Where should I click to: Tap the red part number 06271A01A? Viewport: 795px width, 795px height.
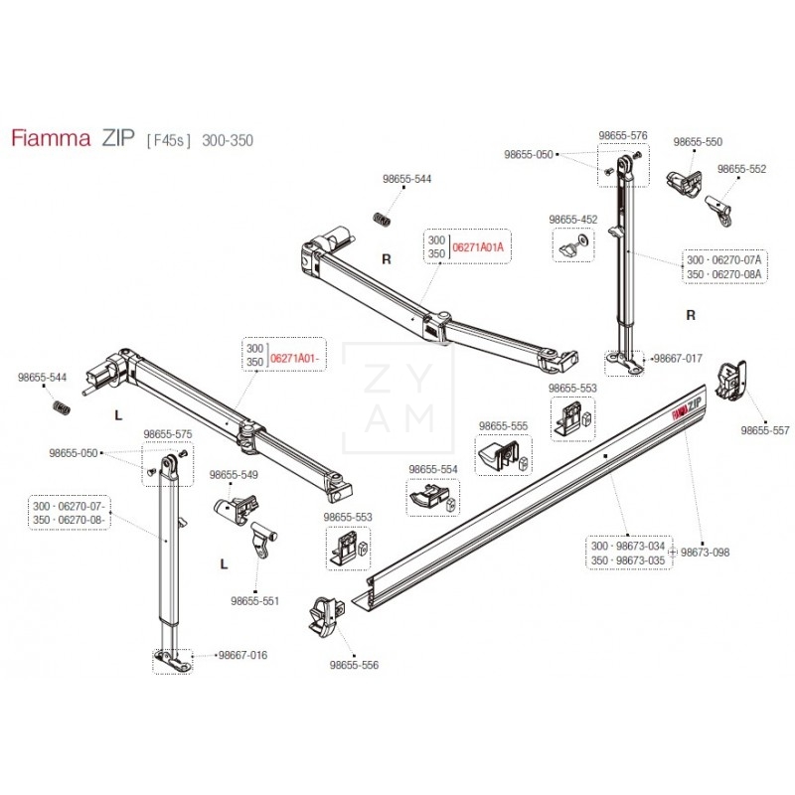479,246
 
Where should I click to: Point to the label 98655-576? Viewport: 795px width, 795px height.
623,135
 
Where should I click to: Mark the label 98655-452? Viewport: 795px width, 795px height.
573,219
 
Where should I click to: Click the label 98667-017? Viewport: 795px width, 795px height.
681,358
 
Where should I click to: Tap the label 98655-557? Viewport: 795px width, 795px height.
765,430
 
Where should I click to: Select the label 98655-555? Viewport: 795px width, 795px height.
504,425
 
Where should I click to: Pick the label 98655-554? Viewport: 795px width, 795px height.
433,469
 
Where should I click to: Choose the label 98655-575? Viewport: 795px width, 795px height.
168,434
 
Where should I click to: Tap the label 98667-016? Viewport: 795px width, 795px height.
242,655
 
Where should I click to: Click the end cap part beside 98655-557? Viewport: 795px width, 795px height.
733,379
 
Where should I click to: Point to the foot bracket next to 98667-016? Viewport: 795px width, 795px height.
170,659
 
